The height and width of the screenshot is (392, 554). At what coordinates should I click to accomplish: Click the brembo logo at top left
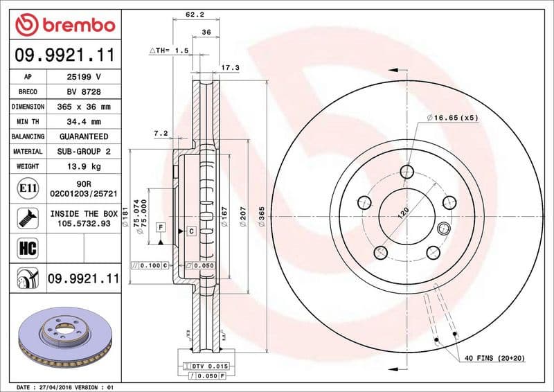[64, 26]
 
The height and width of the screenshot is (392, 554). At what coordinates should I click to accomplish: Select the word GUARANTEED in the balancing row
[84, 136]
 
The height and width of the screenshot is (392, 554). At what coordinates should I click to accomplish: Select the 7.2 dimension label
[160, 133]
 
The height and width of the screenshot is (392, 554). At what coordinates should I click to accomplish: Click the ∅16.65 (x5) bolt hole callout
[453, 118]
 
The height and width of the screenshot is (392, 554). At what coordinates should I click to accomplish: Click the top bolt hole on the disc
[407, 171]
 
